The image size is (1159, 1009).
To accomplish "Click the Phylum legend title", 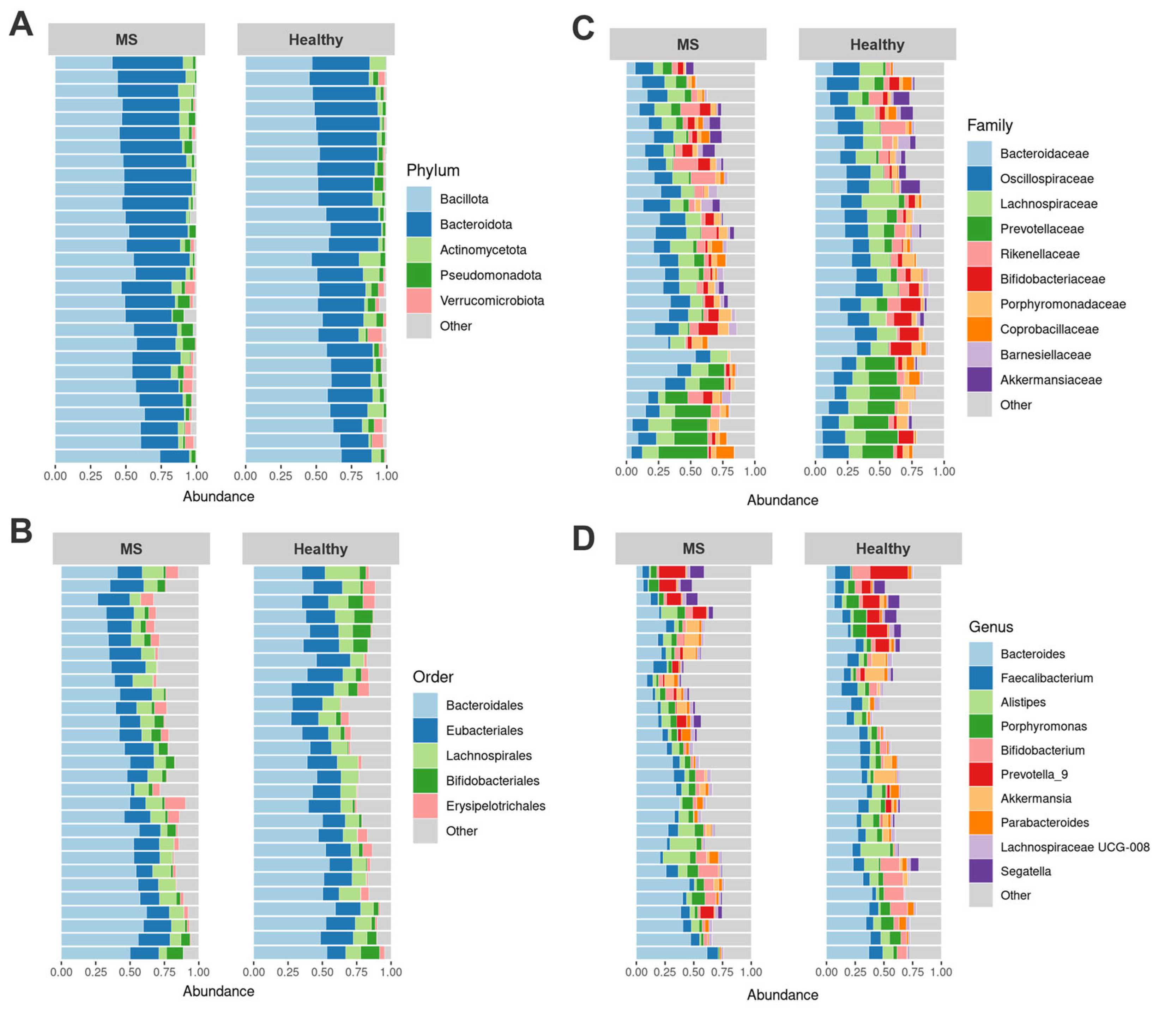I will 433,171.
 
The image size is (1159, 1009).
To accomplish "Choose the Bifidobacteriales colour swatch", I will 425,781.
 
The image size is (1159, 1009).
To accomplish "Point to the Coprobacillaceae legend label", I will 1049,330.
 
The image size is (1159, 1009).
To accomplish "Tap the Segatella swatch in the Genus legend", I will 980,871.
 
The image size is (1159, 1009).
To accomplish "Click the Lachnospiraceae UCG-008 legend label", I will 1075,847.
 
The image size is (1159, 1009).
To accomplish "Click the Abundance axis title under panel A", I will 218,497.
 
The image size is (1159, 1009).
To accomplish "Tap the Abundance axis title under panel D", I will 782,995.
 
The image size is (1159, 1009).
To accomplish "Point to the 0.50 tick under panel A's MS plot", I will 126,476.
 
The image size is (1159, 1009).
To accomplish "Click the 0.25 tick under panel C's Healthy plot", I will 847,471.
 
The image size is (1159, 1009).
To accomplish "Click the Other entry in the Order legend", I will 461,831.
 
